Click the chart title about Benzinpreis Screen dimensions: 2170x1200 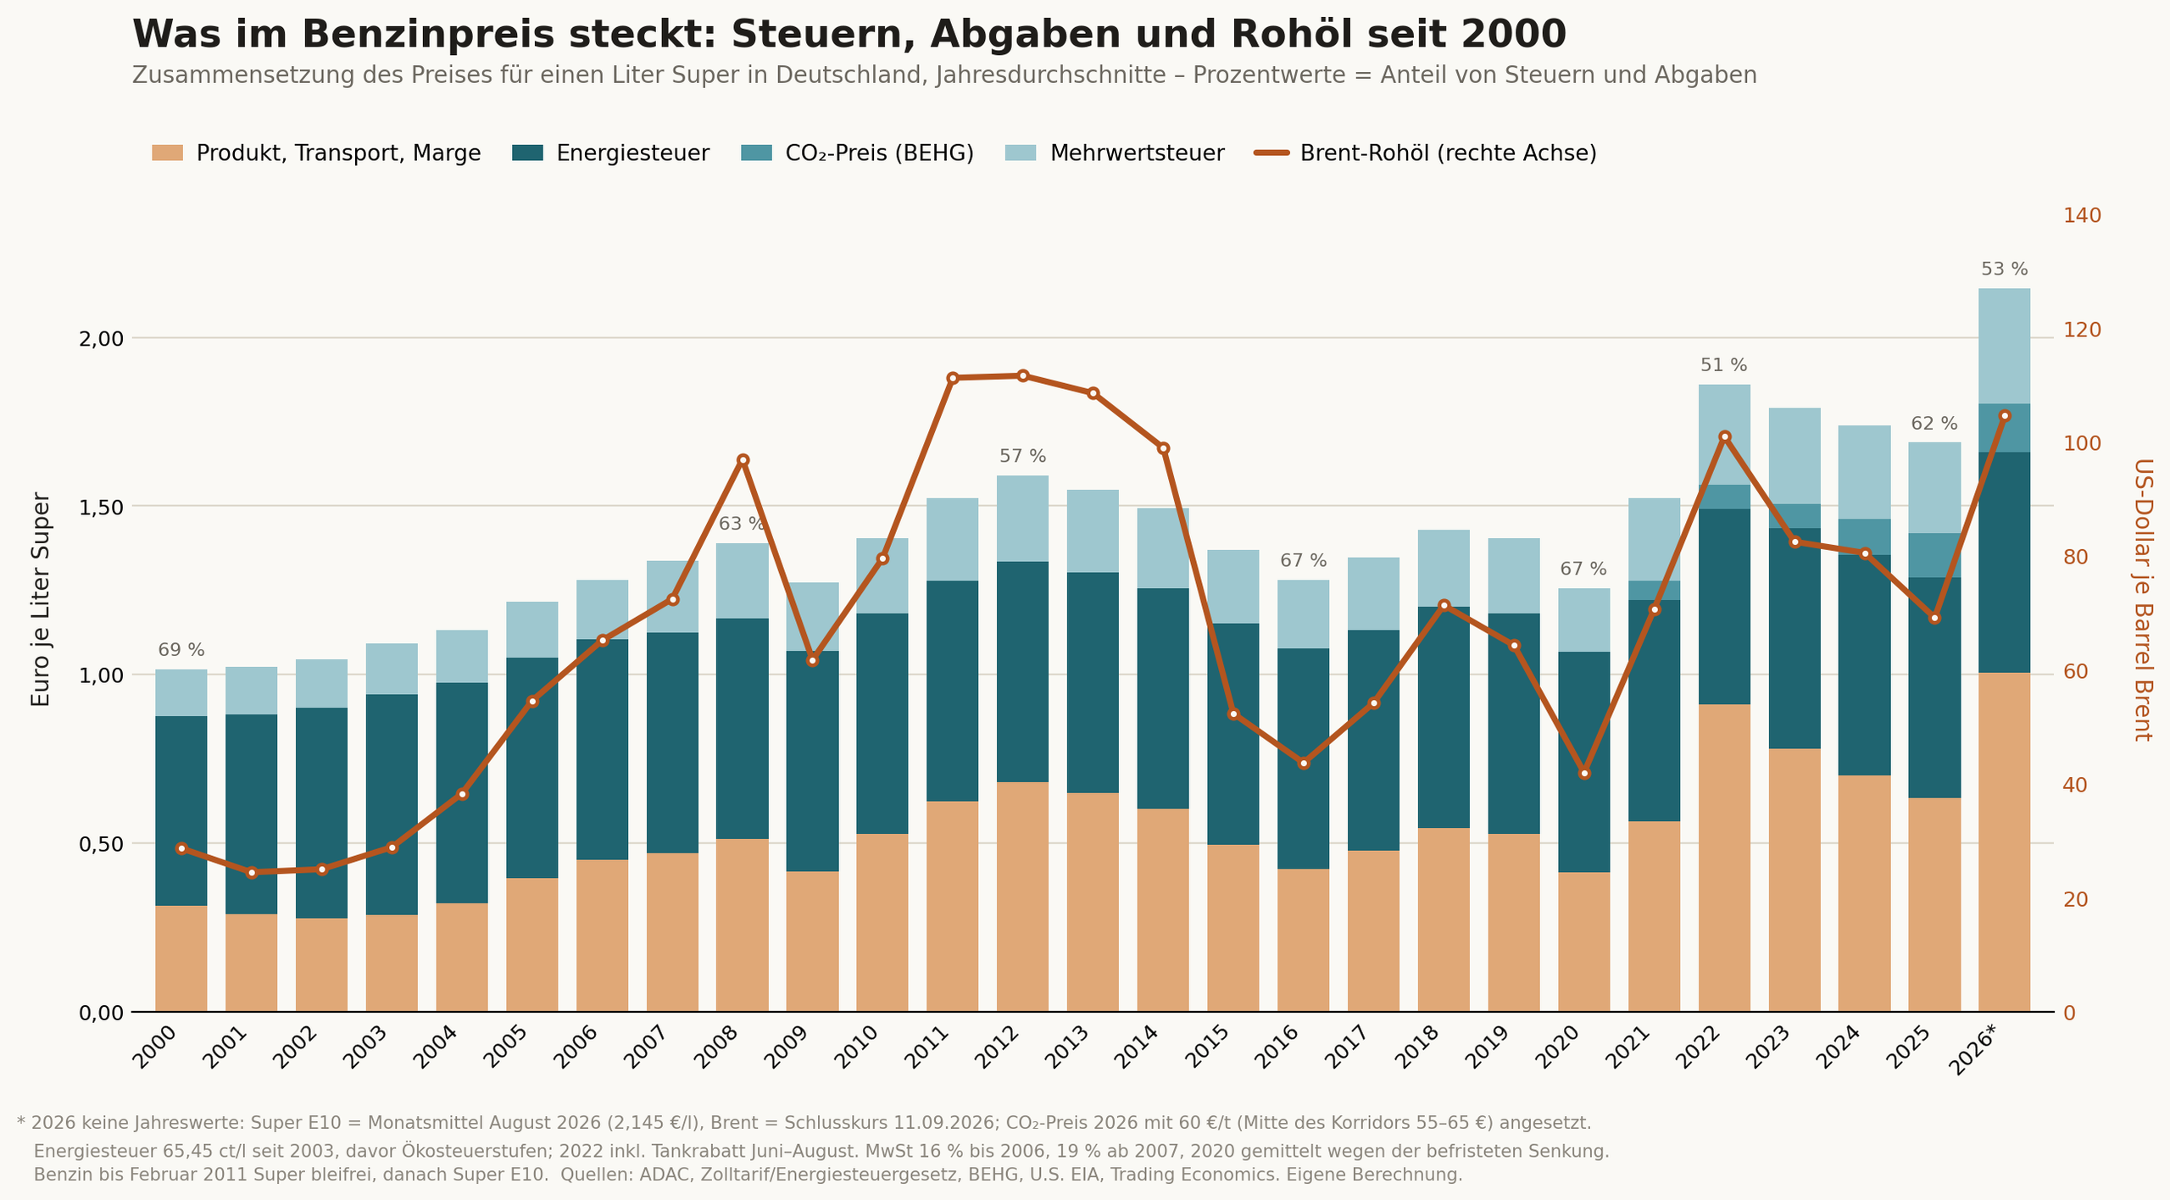pos(849,35)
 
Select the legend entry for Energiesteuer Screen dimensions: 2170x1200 pos(610,153)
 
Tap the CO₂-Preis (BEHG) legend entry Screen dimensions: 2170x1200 pos(857,153)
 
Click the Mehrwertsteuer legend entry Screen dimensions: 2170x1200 pos(1115,153)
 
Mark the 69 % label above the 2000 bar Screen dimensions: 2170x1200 pos(181,650)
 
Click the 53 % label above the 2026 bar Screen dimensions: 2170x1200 pos(2005,269)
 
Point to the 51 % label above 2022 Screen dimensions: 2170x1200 pos(1724,365)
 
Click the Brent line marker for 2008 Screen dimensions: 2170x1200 pos(743,460)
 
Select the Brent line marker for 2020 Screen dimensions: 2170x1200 pos(1584,773)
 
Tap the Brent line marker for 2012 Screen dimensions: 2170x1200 pos(1023,375)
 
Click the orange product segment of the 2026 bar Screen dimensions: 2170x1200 pos(2005,842)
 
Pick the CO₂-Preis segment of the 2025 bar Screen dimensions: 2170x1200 pos(1935,555)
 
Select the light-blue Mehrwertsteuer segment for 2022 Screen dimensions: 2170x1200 pos(1724,435)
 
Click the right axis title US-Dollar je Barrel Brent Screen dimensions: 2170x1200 pos(2142,600)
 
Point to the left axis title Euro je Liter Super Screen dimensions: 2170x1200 pos(41,600)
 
